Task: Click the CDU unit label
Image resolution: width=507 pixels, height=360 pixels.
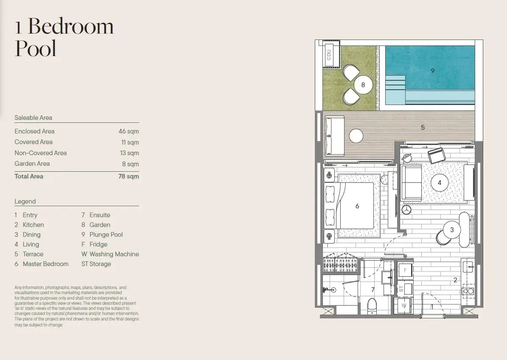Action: (329, 55)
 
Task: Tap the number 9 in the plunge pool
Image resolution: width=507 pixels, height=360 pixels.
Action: (433, 70)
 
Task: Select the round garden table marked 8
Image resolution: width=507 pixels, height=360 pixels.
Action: (363, 85)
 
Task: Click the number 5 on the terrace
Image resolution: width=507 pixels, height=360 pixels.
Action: (423, 127)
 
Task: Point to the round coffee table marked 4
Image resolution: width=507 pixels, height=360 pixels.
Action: (440, 183)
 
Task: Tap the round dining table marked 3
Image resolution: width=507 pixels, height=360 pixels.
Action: (452, 230)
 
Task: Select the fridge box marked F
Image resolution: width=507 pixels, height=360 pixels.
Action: (405, 270)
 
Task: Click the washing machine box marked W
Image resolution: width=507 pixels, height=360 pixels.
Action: (403, 306)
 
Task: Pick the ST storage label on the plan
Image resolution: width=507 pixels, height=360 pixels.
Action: (401, 289)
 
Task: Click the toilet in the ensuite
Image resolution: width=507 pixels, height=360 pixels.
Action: (372, 306)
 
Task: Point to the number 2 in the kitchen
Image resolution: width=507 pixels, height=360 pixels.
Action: (455, 280)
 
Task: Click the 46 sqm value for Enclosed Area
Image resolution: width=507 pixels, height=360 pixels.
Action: (129, 131)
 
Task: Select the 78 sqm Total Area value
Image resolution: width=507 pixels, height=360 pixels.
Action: (129, 176)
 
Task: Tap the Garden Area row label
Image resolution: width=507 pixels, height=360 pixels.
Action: (32, 164)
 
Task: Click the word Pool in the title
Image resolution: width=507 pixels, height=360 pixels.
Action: (36, 48)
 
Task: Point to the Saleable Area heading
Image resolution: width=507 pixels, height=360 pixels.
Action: (33, 118)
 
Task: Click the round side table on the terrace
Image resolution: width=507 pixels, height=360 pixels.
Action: (356, 136)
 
